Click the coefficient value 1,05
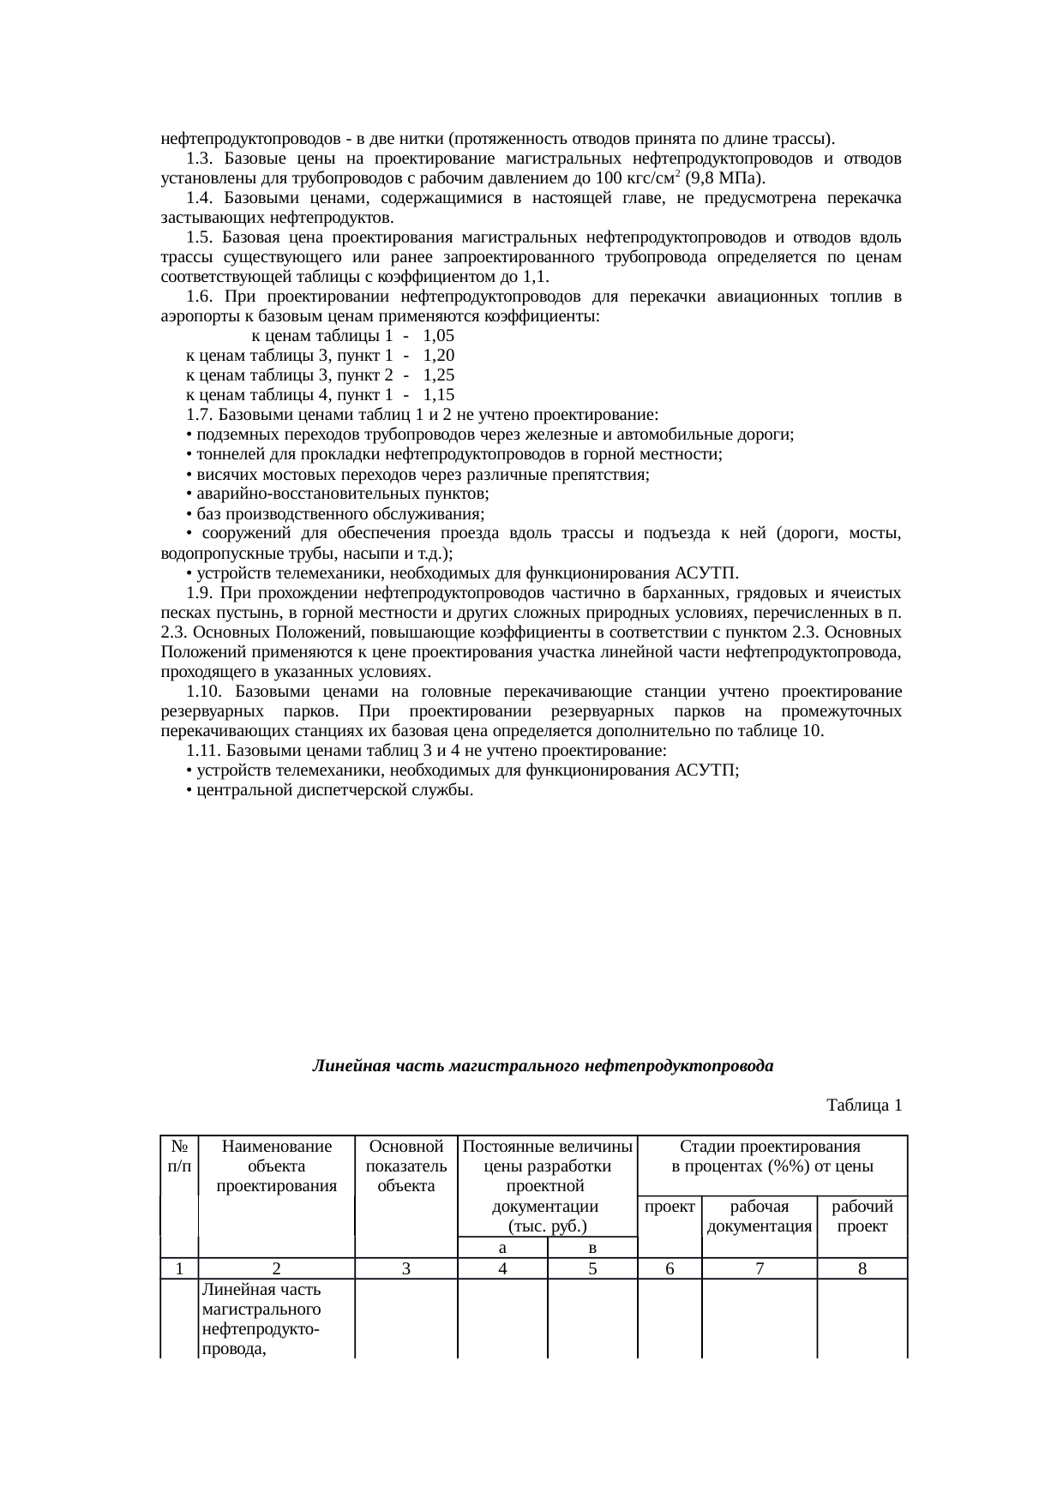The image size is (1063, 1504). click(x=439, y=336)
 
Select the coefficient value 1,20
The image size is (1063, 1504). click(x=439, y=356)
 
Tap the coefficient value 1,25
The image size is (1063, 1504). click(x=439, y=375)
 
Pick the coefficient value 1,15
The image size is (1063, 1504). click(x=439, y=395)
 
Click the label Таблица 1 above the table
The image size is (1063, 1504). click(x=863, y=1106)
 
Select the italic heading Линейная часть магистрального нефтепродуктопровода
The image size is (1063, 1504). click(x=542, y=1067)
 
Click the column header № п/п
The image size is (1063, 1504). click(x=179, y=1156)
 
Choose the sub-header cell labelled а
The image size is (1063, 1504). click(x=503, y=1247)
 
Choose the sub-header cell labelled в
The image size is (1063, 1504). click(x=592, y=1247)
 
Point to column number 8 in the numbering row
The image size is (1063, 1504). click(x=862, y=1268)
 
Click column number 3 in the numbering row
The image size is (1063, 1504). click(x=406, y=1268)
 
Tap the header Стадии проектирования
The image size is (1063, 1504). click(x=771, y=1147)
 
